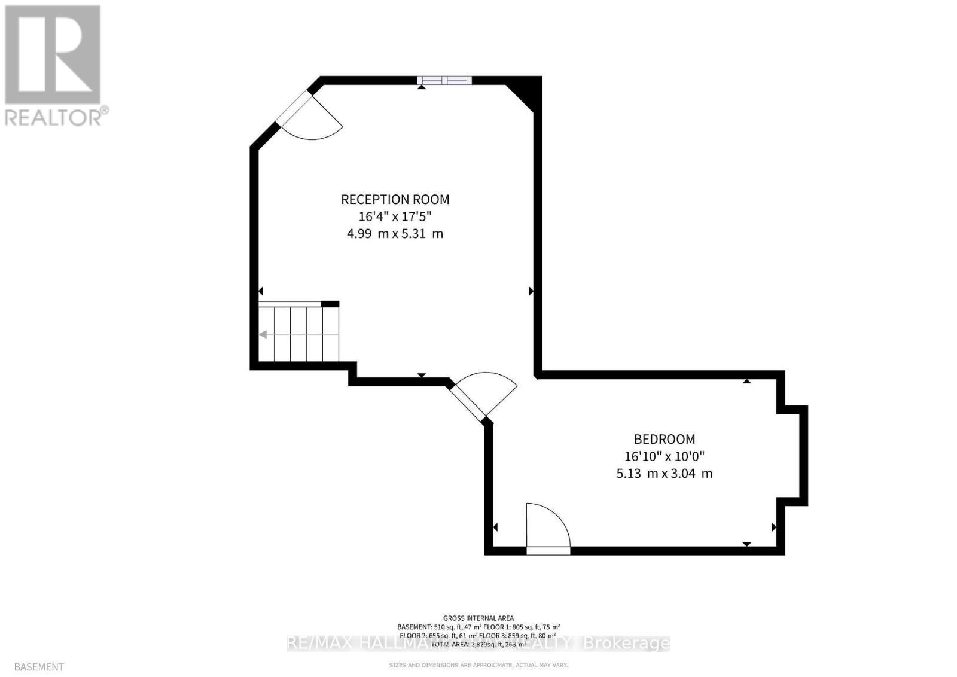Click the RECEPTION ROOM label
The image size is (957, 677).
pyautogui.click(x=395, y=199)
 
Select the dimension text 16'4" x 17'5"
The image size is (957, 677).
pyautogui.click(x=395, y=216)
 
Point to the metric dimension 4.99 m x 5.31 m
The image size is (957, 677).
pyautogui.click(x=395, y=233)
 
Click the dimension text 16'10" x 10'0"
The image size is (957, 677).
pyautogui.click(x=665, y=456)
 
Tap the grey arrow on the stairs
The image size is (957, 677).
pyautogui.click(x=263, y=334)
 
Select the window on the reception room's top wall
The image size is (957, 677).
pyautogui.click(x=444, y=80)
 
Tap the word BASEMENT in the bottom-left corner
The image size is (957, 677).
pyautogui.click(x=39, y=666)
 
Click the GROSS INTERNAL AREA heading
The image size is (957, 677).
pyautogui.click(x=478, y=618)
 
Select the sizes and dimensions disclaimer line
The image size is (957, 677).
pyautogui.click(x=478, y=665)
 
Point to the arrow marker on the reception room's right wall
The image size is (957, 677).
pyautogui.click(x=531, y=291)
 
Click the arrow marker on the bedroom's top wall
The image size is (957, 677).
pyautogui.click(x=746, y=380)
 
